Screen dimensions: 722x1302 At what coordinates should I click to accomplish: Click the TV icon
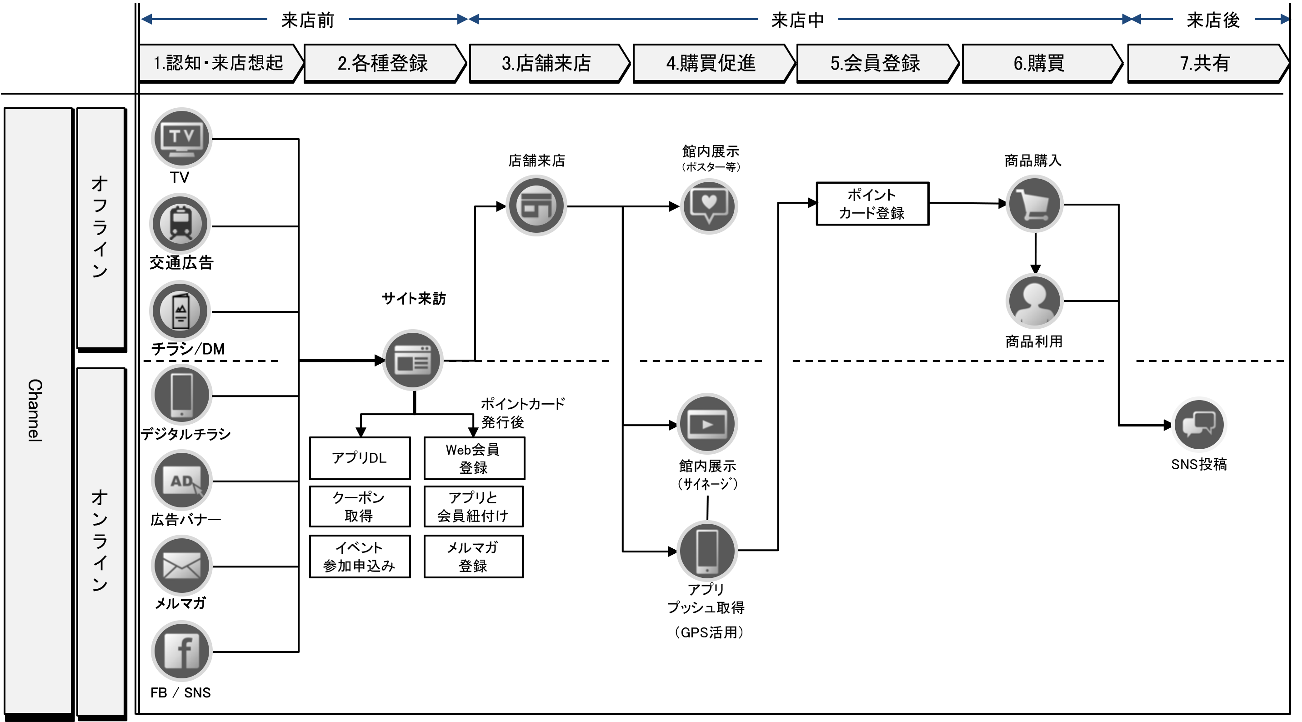point(181,138)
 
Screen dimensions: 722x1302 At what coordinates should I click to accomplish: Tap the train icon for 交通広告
point(180,224)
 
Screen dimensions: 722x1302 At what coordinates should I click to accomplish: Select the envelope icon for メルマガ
point(181,566)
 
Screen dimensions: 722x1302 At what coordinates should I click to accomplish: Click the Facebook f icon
point(181,652)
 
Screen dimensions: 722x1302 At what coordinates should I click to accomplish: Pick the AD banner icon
point(181,480)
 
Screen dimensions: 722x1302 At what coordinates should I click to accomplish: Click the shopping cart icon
point(1034,204)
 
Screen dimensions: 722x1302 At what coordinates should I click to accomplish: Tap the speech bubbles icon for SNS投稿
point(1199,424)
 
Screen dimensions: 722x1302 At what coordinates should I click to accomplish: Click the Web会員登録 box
point(474,458)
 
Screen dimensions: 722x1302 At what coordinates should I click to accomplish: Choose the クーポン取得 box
point(360,506)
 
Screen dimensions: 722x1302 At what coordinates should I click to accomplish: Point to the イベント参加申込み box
point(360,556)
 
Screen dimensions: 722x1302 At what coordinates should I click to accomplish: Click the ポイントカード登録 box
point(872,204)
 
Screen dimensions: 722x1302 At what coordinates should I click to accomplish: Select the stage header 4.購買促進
point(711,63)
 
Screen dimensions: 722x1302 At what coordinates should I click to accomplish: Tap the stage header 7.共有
point(1205,63)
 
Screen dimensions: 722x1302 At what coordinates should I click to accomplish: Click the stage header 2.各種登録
point(383,63)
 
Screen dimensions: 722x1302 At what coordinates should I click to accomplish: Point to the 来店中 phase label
point(797,20)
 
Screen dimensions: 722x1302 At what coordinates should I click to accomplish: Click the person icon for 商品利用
point(1034,301)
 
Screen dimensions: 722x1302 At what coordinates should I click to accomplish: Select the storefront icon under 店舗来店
point(536,206)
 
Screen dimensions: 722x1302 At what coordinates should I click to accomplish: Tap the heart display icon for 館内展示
point(709,206)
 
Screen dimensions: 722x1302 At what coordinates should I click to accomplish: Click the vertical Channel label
point(35,411)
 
